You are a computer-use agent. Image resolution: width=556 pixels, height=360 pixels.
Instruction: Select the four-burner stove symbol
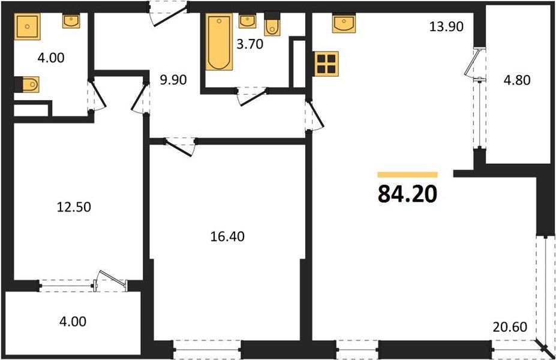coord(327,63)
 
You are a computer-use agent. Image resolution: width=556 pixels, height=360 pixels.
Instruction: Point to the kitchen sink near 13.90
coord(345,25)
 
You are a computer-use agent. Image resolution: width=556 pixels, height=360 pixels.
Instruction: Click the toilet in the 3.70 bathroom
coord(272,25)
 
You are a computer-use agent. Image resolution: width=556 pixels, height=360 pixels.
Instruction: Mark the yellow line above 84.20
coord(407,174)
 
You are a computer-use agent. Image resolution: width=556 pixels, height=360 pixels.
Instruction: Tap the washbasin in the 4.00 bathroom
coord(73,22)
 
